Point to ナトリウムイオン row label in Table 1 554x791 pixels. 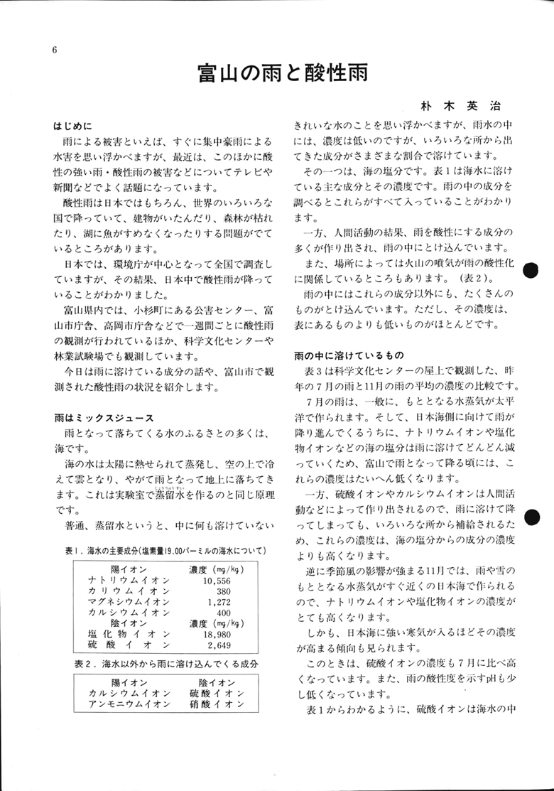tap(128, 580)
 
